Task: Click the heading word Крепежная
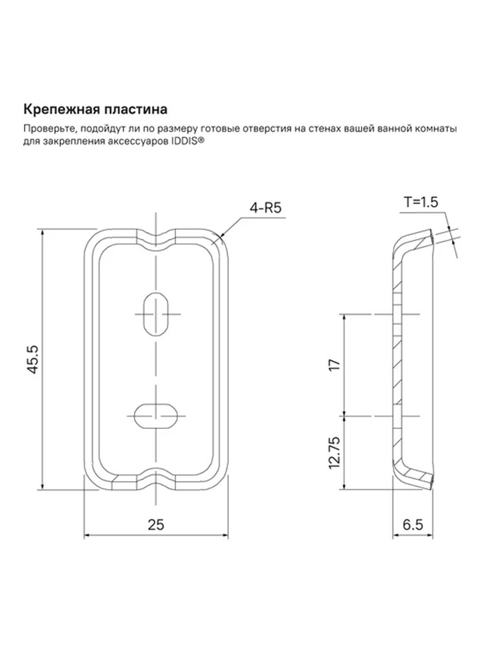coord(61,110)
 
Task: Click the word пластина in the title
coord(135,110)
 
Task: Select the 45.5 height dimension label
coord(33,360)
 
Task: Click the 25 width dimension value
coord(156,525)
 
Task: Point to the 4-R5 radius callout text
coord(266,207)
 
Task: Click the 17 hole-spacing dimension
coord(335,365)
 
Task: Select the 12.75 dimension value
coord(335,452)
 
